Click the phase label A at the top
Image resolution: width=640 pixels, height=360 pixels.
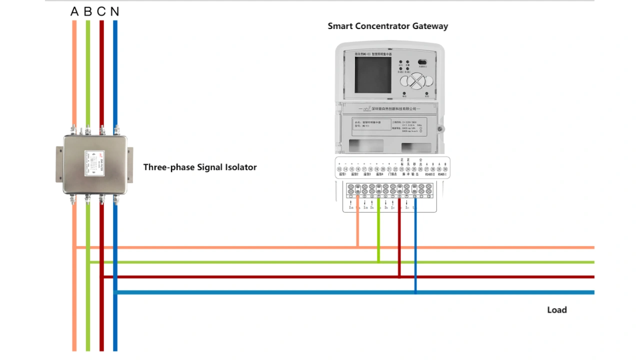point(74,11)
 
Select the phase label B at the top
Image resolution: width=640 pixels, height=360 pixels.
point(88,11)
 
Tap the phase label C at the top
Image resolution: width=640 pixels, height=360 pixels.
point(101,11)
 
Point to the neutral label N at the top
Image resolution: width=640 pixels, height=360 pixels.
point(115,11)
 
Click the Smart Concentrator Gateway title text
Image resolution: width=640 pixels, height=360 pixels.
point(387,26)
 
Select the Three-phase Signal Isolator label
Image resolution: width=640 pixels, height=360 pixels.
point(200,167)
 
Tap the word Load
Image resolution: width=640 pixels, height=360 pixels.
point(556,310)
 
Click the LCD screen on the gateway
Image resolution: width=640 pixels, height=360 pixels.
point(373,74)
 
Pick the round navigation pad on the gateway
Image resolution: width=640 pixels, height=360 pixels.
point(418,80)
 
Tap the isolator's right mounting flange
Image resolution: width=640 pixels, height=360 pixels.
point(130,165)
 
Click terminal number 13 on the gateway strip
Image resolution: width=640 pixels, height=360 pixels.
point(339,170)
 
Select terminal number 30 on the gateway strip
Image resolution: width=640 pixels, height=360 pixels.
point(445,170)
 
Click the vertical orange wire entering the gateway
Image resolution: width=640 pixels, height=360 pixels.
point(357,225)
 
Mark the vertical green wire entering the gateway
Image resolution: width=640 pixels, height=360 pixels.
point(378,230)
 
